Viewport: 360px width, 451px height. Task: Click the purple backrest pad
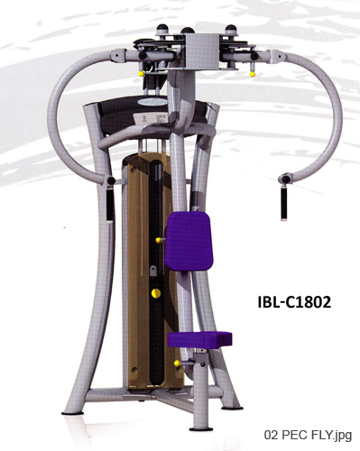coord(189,241)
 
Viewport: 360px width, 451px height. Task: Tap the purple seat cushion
coord(199,340)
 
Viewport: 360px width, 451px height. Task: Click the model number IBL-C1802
coord(294,302)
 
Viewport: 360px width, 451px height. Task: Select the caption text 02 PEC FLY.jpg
coord(308,435)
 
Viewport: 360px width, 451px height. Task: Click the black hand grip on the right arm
coord(283,203)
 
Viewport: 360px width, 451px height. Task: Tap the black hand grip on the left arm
coord(110,204)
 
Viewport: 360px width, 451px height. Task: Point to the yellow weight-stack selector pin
coord(156,293)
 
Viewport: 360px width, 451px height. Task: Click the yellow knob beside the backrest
coord(158,240)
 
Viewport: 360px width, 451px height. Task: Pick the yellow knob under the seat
coord(177,364)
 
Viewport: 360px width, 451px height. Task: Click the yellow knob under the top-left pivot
coord(141,74)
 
